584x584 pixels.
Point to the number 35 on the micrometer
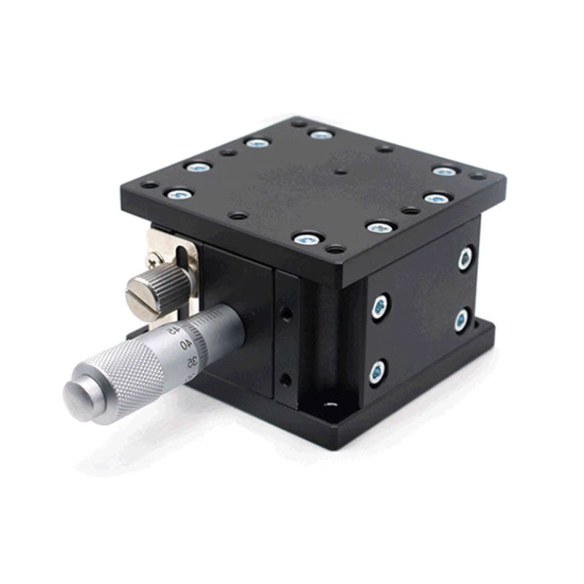click(192, 361)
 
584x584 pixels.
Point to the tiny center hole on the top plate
click(340, 174)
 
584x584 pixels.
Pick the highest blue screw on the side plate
click(464, 256)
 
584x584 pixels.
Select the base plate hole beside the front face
click(331, 403)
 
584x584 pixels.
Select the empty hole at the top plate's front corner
click(335, 250)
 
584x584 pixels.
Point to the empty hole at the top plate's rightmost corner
click(477, 176)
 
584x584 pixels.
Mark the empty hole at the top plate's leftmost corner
click(148, 185)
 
